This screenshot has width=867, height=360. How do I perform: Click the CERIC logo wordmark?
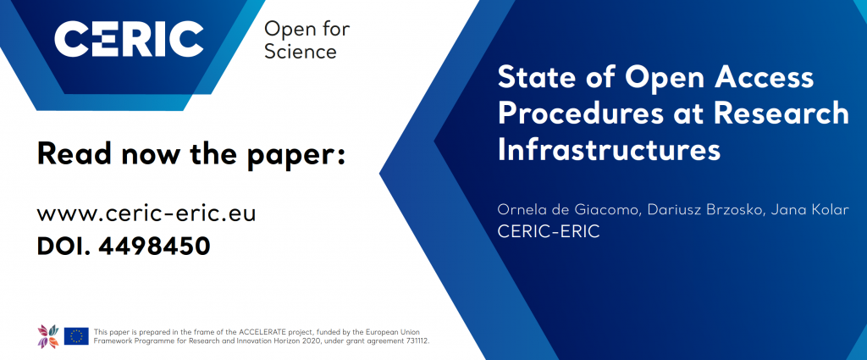(129, 39)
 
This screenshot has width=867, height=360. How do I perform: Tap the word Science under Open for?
(301, 52)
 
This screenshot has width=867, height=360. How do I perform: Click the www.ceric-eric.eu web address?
(146, 213)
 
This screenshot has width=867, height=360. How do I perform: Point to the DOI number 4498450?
(155, 246)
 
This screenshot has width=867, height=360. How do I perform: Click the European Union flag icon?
(76, 335)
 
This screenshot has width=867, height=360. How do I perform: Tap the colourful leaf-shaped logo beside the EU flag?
(48, 335)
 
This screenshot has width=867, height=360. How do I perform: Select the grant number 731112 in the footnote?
(416, 341)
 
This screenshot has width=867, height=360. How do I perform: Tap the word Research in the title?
(781, 113)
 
